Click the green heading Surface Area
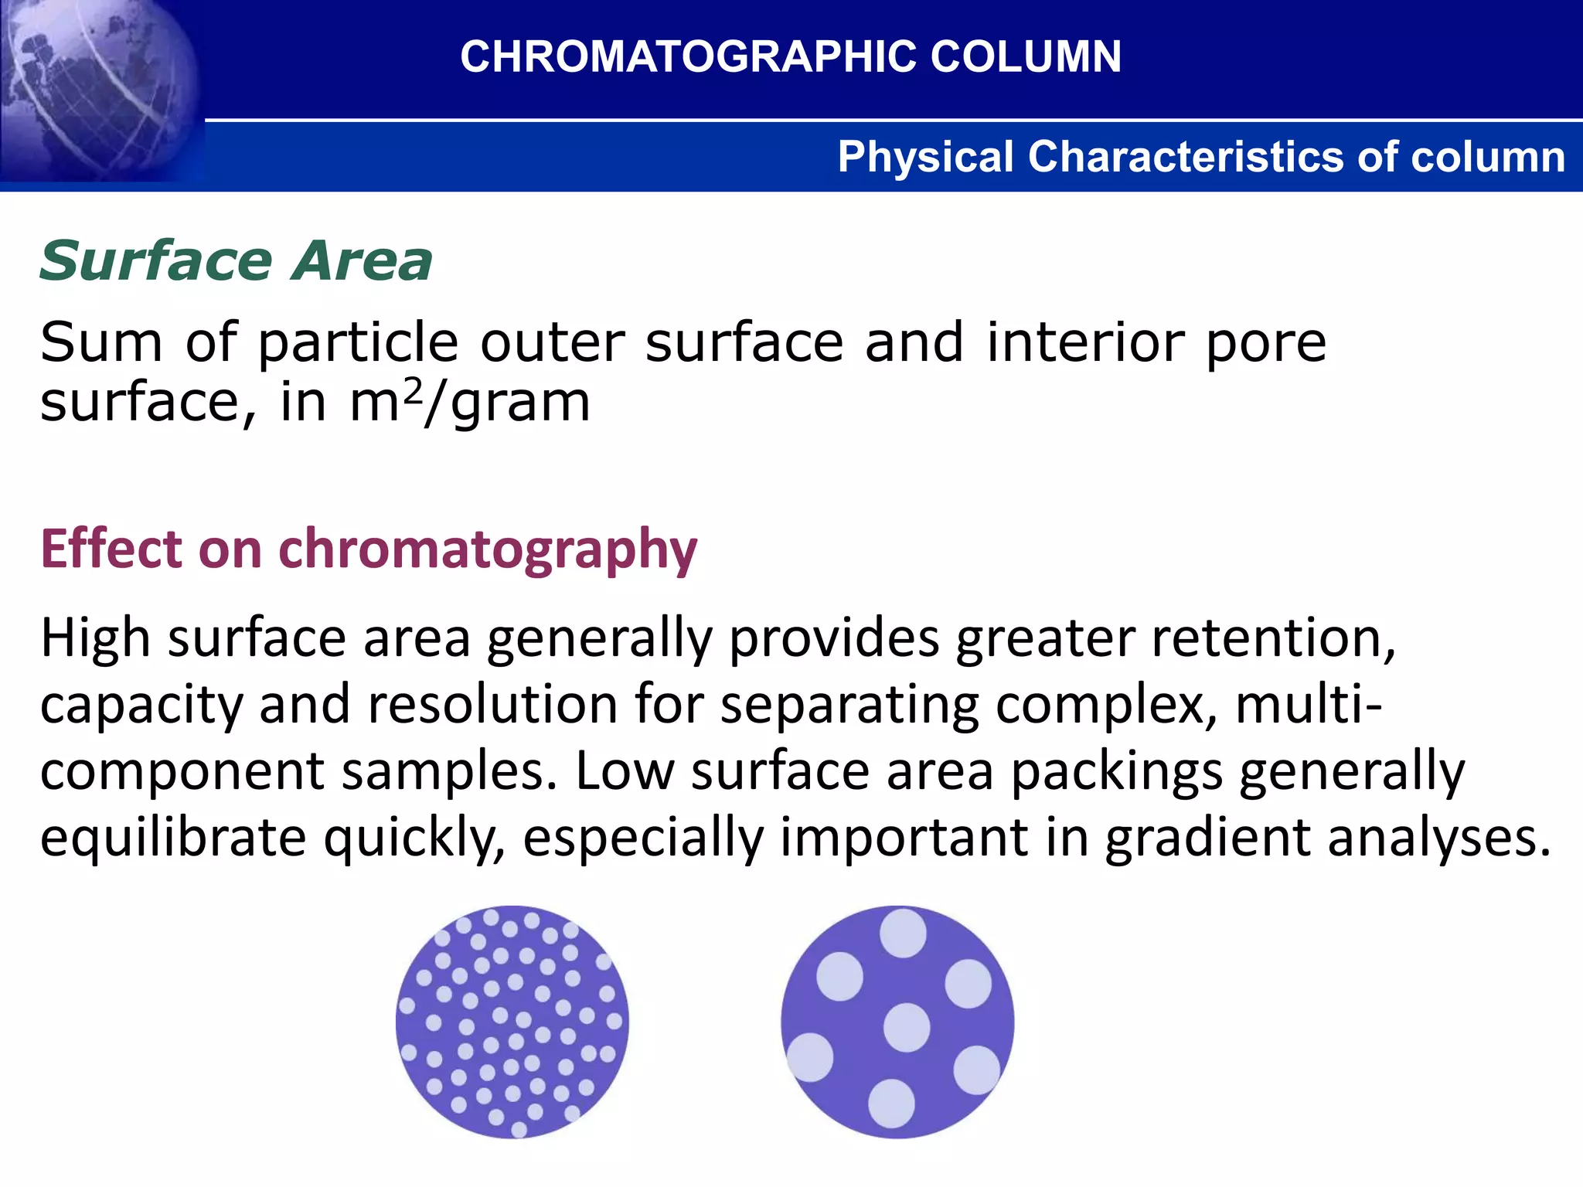[x=236, y=261]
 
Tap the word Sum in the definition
[x=101, y=342]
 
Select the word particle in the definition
[x=358, y=343]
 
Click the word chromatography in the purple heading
[x=487, y=550]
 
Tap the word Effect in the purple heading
[x=113, y=549]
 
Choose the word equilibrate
[x=173, y=837]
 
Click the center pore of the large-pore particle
[x=906, y=1027]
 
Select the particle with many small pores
[x=512, y=1022]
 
